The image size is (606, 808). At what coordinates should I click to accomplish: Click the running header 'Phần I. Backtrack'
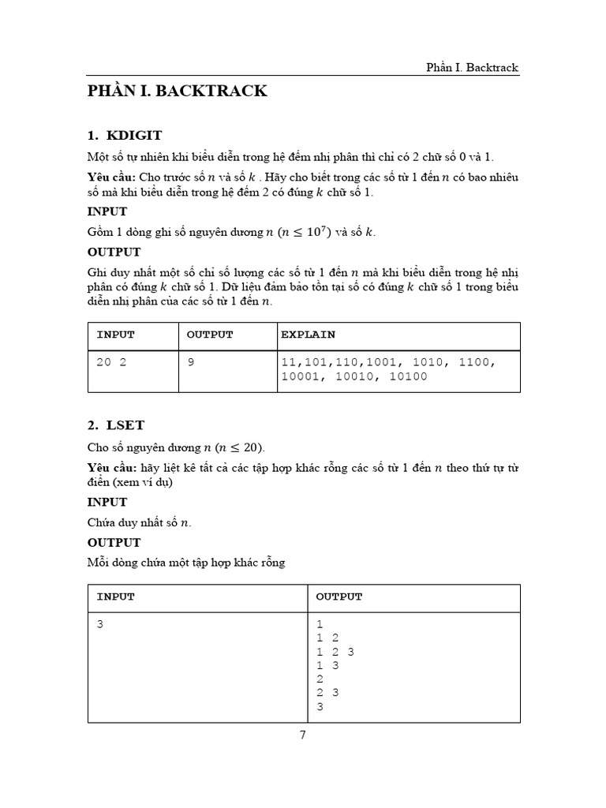point(472,67)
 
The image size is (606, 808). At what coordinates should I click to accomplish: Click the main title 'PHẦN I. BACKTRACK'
point(177,92)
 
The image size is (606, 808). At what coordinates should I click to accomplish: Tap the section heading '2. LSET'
point(116,425)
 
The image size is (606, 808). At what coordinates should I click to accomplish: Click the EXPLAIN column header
point(309,335)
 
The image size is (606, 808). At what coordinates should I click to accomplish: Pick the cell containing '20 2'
point(112,362)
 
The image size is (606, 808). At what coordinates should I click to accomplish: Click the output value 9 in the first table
point(190,362)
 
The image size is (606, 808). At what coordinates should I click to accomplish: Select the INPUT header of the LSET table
point(116,597)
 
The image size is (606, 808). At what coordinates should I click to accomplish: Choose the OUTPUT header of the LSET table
point(339,597)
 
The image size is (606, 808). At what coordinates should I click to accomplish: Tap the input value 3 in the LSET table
point(100,624)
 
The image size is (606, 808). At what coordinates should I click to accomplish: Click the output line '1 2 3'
point(335,652)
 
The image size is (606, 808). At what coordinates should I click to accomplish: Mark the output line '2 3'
point(327,693)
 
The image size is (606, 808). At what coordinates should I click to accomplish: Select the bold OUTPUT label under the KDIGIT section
point(114,252)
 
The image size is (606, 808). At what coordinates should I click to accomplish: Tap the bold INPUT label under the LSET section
point(107,502)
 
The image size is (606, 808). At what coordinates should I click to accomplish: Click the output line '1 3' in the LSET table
point(327,665)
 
